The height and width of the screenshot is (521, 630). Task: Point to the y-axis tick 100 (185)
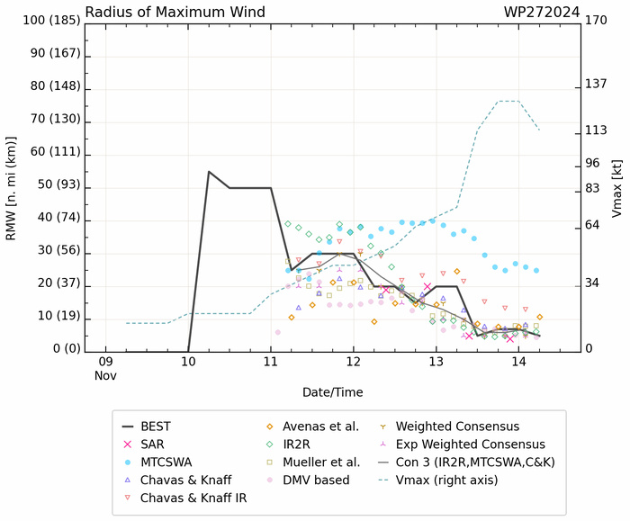pyautogui.click(x=41, y=21)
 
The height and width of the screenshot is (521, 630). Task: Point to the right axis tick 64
pyautogui.click(x=593, y=225)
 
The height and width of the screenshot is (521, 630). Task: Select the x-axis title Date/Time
pyautogui.click(x=333, y=392)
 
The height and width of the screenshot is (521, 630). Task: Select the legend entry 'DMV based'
pyautogui.click(x=316, y=480)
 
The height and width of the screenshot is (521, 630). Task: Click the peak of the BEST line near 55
pyautogui.click(x=209, y=171)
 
